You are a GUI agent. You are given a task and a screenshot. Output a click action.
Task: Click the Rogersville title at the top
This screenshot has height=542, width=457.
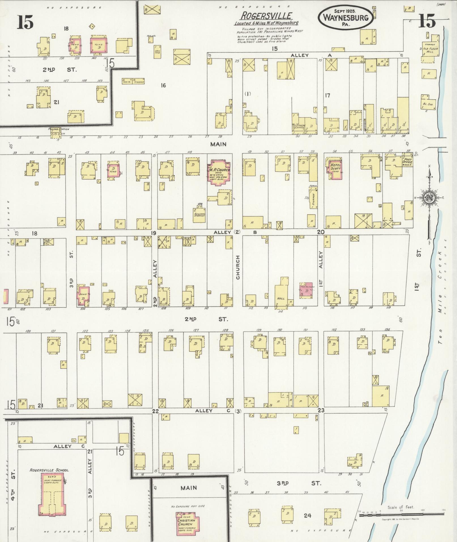pos(266,16)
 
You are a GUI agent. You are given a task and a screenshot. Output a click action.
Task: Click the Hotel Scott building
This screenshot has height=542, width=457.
pos(335,169)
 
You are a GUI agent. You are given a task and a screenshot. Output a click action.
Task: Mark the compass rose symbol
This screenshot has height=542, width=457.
pos(430,197)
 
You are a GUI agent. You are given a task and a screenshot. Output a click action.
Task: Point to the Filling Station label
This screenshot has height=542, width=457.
pos(59,129)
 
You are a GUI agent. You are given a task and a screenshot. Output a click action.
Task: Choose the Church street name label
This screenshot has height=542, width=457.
pos(238,267)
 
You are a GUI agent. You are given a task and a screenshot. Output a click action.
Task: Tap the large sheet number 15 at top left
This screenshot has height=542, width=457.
pos(25,22)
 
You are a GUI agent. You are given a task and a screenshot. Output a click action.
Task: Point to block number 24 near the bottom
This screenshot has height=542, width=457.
pos(307,515)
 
